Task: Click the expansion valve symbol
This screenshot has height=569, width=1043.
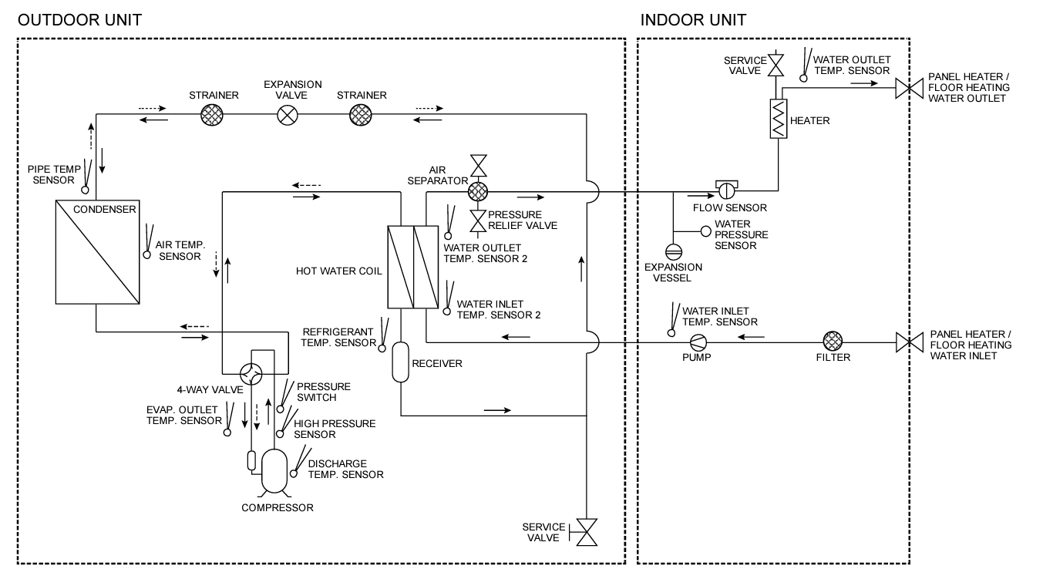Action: pyautogui.click(x=288, y=115)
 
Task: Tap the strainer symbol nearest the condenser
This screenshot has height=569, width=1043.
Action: pyautogui.click(x=212, y=115)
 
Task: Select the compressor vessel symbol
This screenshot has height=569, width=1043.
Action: pyautogui.click(x=274, y=471)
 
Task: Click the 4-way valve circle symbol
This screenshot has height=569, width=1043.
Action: pyautogui.click(x=251, y=374)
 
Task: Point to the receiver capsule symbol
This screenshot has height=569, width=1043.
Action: pyautogui.click(x=400, y=362)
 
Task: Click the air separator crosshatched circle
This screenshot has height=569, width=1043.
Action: pyautogui.click(x=478, y=191)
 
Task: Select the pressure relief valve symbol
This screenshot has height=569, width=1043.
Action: pyautogui.click(x=478, y=221)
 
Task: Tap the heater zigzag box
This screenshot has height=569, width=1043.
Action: pyautogui.click(x=778, y=118)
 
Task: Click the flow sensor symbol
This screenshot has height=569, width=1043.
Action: pyautogui.click(x=726, y=190)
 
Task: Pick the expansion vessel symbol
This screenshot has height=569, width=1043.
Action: pyautogui.click(x=673, y=252)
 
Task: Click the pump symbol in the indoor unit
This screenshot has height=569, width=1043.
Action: pyautogui.click(x=698, y=342)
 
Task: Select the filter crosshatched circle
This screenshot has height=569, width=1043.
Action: pyautogui.click(x=833, y=341)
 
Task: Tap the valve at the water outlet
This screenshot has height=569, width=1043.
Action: pyautogui.click(x=909, y=89)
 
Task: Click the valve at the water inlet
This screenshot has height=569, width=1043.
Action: pyautogui.click(x=910, y=342)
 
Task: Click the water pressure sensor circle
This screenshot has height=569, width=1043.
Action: pyautogui.click(x=706, y=231)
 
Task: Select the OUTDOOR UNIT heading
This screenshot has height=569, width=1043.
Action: pyautogui.click(x=79, y=20)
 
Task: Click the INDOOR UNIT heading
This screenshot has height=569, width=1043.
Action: pyautogui.click(x=693, y=20)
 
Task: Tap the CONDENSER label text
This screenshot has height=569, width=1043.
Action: pyautogui.click(x=104, y=210)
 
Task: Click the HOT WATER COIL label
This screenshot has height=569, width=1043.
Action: pyautogui.click(x=338, y=271)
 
